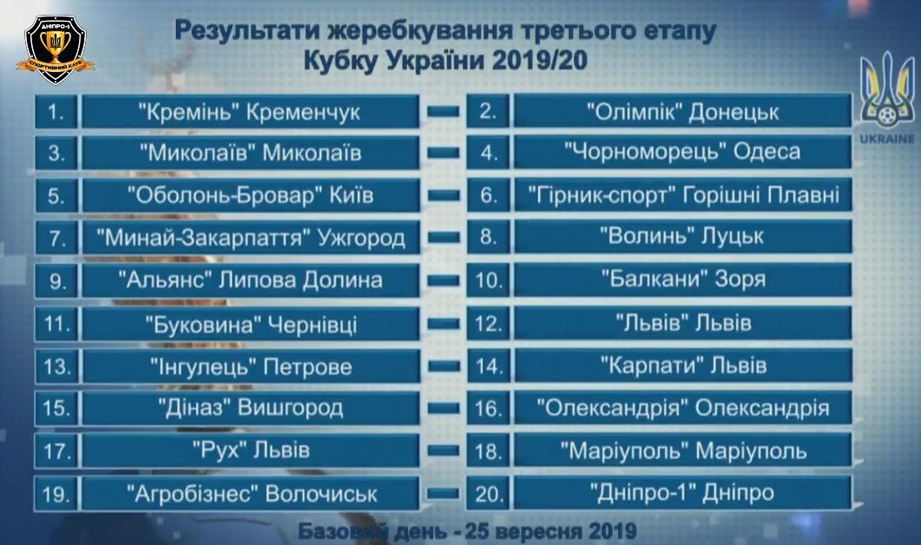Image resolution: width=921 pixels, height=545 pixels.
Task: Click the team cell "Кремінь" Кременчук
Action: coord(250,111)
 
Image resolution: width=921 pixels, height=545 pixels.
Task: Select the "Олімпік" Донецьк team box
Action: coord(682,110)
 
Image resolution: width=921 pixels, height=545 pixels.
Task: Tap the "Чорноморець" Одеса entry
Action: coord(682,152)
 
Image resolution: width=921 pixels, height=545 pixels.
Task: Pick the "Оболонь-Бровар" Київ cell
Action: coord(250,195)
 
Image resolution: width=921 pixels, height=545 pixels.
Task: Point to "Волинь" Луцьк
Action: coord(682,237)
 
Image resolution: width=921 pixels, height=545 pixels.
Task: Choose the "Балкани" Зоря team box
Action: coord(682,279)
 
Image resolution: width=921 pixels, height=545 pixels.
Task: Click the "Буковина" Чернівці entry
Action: coord(250,324)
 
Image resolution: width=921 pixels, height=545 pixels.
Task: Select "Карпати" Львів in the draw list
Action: coord(682,365)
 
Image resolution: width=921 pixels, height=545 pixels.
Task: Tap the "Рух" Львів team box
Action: coord(250,450)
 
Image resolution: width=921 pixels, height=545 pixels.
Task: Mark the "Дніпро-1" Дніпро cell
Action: coord(682,492)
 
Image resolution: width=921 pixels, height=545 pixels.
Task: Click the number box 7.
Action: coord(56,238)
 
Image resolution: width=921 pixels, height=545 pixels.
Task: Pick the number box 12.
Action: coord(488,323)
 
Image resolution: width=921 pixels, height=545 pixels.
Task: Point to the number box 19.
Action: coord(56,493)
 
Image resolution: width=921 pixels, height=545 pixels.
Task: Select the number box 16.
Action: coord(488,408)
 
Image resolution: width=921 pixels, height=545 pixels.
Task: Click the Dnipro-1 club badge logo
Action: coord(56,49)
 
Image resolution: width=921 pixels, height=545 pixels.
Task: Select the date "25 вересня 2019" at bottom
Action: coord(550,531)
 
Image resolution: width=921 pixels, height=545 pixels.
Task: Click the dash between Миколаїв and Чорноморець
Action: coord(444,153)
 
